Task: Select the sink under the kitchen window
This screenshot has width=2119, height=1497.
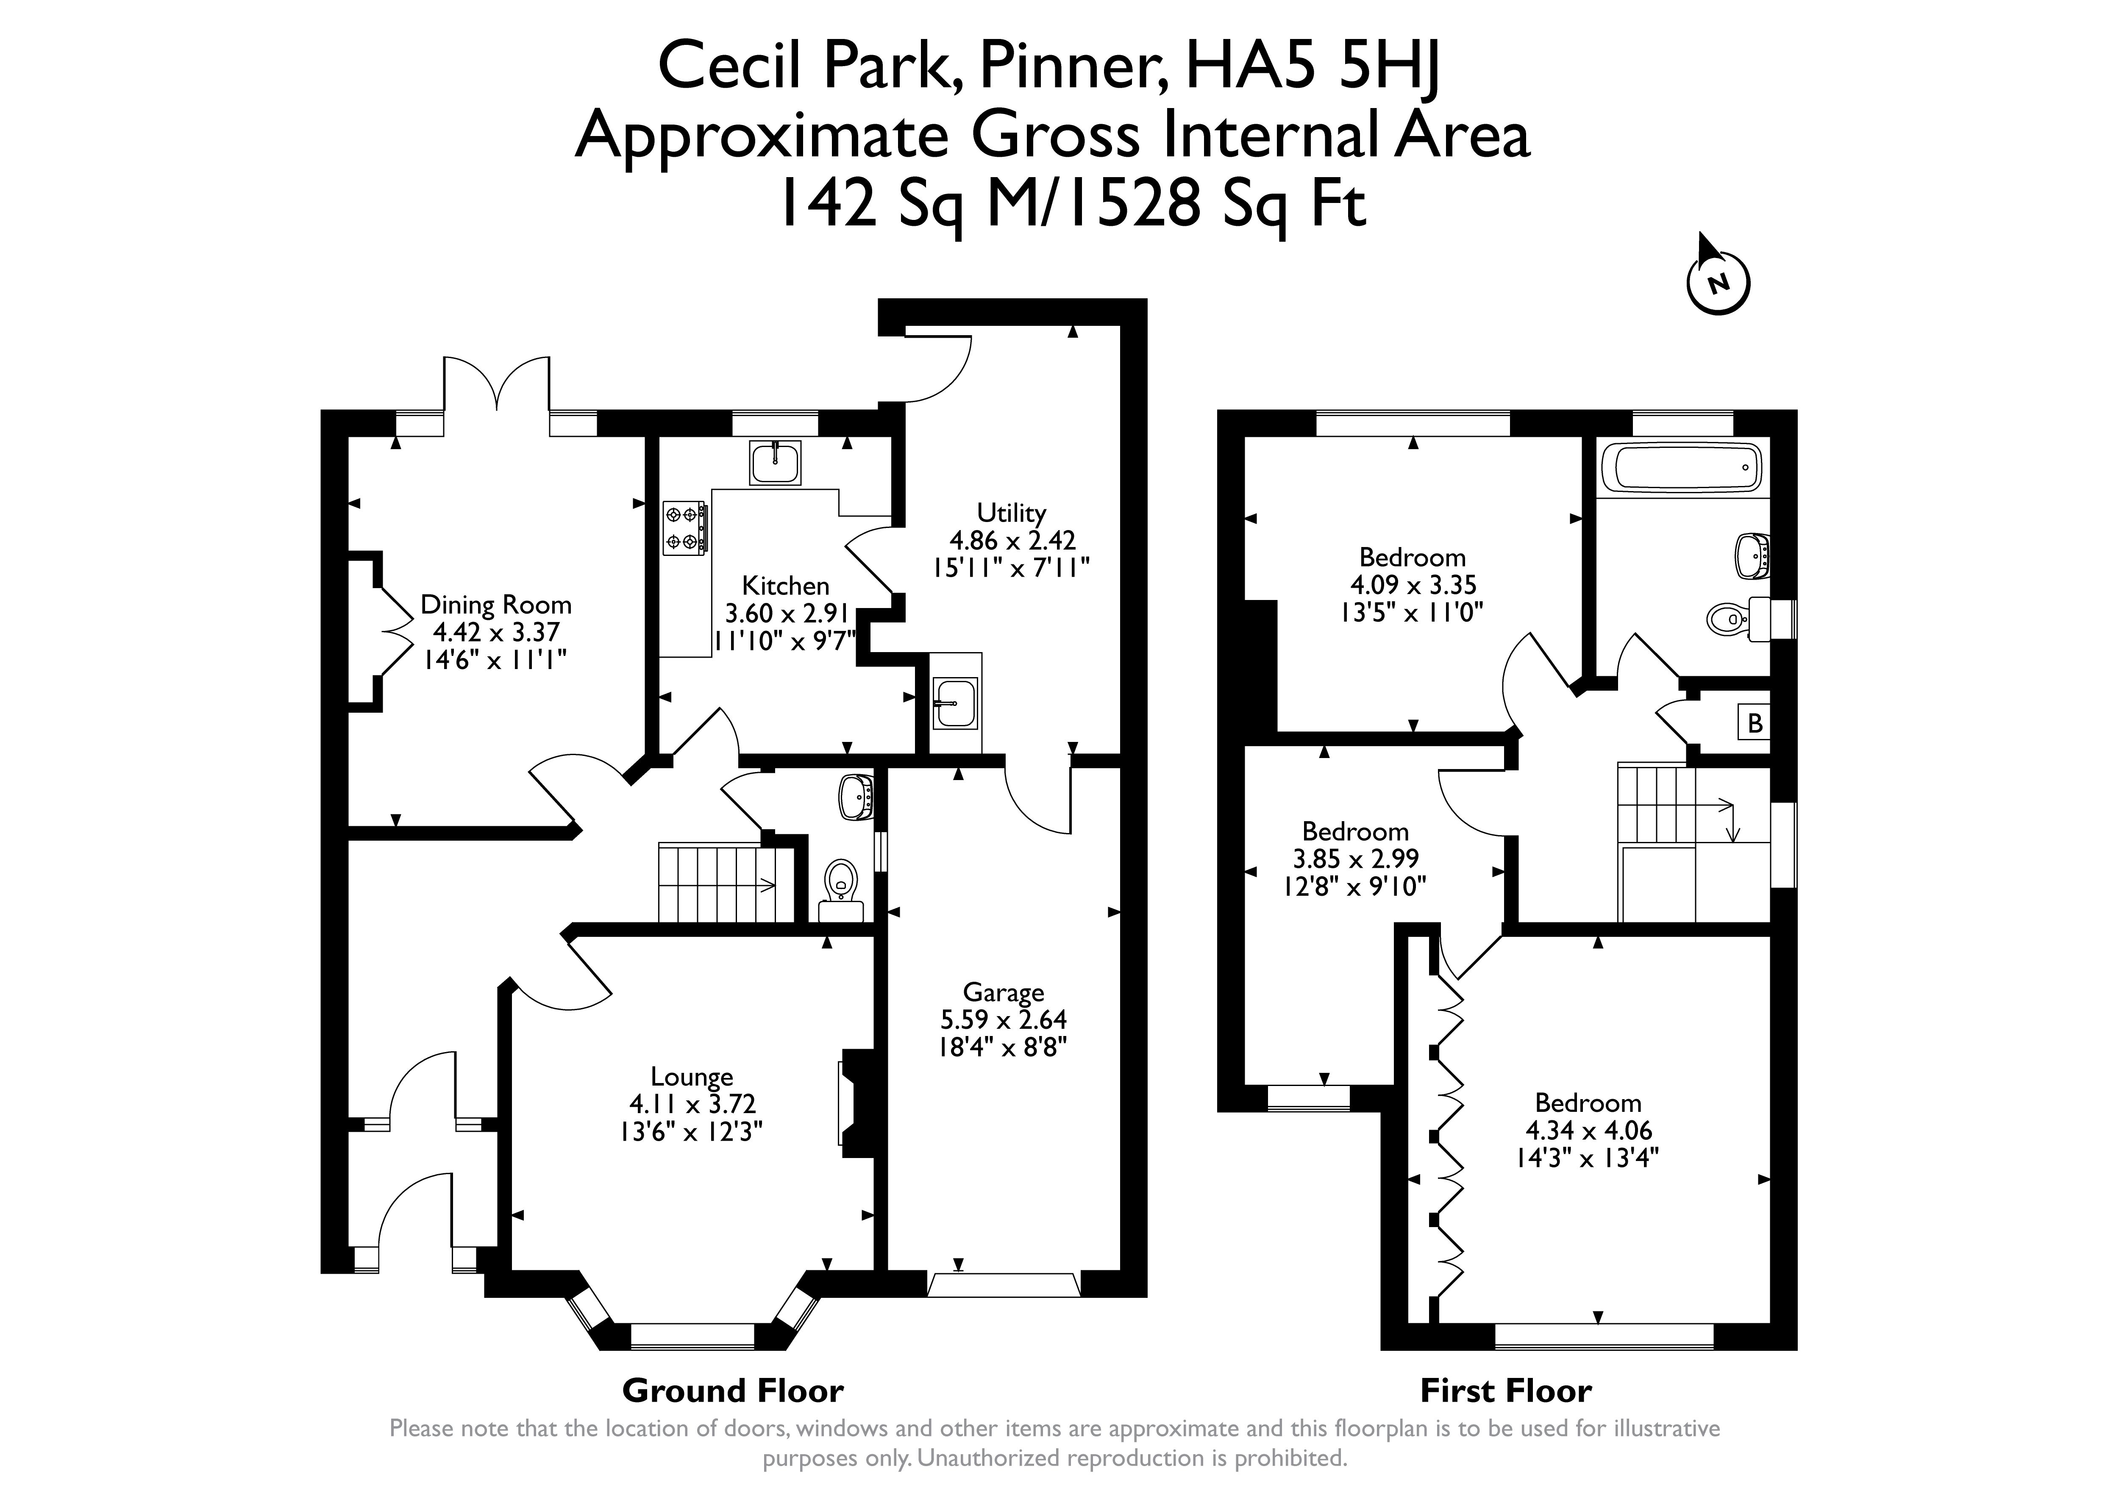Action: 775,462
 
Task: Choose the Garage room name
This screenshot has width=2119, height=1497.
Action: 1003,992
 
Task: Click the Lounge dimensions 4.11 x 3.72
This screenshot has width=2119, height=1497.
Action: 692,1104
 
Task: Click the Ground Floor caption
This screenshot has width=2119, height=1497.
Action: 733,1390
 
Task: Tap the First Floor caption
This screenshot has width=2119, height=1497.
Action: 1506,1390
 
